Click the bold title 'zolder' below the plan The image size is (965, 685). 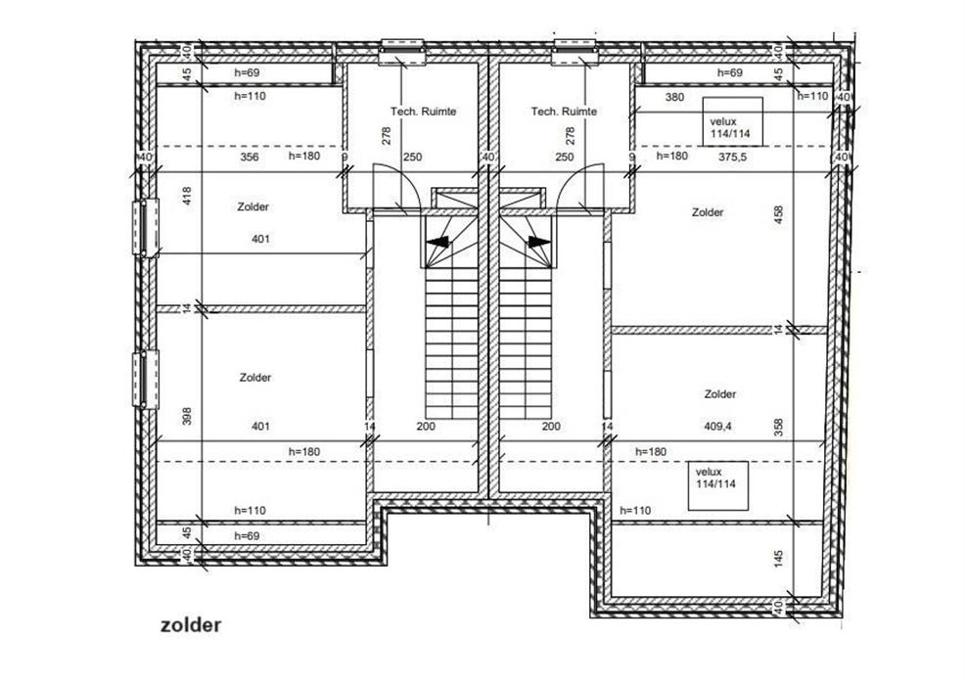[x=190, y=625]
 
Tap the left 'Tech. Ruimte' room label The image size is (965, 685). [x=424, y=112]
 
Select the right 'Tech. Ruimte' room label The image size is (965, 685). [x=564, y=112]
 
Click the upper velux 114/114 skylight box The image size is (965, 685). [x=732, y=121]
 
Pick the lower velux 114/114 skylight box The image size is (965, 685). [x=718, y=485]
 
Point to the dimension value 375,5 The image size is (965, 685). [x=732, y=157]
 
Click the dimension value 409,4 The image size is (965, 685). [x=718, y=426]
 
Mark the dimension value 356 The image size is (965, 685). [x=250, y=157]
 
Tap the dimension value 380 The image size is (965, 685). [x=674, y=97]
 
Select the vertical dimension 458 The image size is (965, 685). [x=778, y=214]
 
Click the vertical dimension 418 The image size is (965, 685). [x=188, y=197]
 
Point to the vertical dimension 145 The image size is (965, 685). [x=778, y=559]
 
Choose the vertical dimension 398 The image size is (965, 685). [x=188, y=416]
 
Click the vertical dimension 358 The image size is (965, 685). [x=778, y=427]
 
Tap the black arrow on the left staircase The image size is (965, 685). [x=438, y=242]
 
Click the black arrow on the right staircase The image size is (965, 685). [x=539, y=242]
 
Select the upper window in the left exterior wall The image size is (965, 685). [x=146, y=227]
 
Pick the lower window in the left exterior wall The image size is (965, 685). [x=146, y=379]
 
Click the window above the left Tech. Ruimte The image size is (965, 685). [x=402, y=51]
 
